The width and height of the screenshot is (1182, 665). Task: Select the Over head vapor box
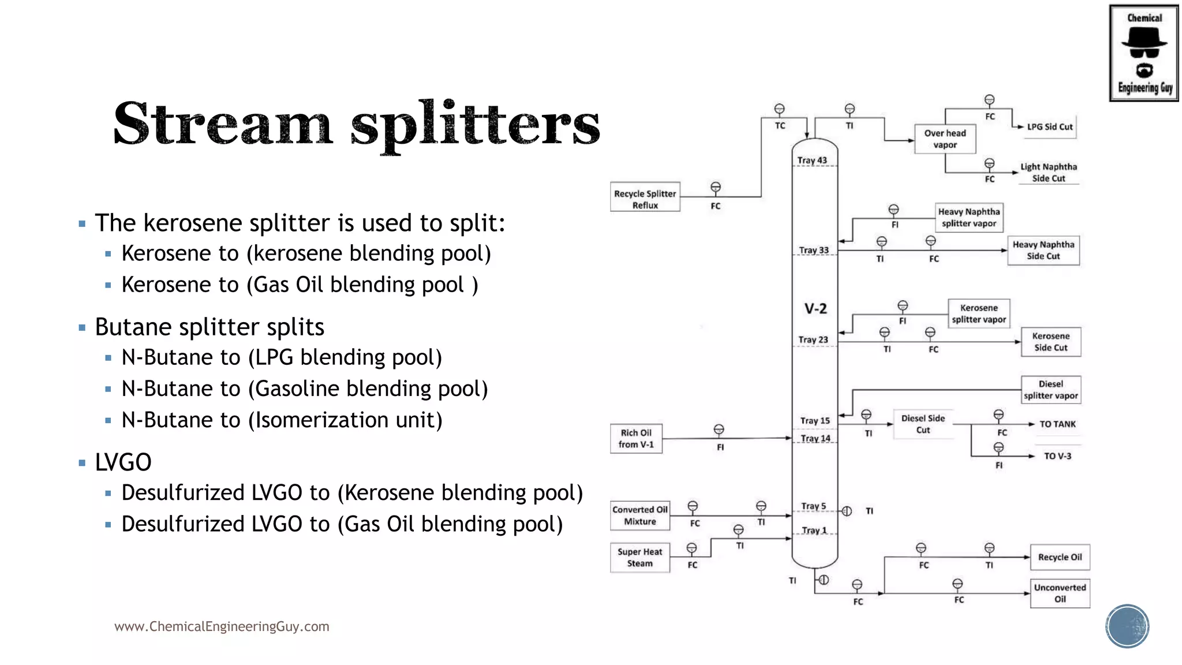coord(945,139)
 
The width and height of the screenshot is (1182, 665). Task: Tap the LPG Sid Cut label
coord(1049,127)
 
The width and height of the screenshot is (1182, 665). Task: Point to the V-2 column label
coord(816,309)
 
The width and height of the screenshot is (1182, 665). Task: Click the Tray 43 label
coord(812,160)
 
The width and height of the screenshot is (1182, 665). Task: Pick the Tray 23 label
coord(813,340)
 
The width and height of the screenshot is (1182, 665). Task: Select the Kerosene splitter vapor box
coord(979,313)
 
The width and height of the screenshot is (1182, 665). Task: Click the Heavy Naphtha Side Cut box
coord(1043,251)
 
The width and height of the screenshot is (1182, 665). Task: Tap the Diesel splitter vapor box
coord(1050,390)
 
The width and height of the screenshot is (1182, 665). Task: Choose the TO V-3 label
coord(1057,456)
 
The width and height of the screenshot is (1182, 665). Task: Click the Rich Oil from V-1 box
coord(636,439)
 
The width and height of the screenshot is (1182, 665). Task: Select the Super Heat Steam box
coord(639,558)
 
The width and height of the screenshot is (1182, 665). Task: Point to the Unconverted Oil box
coord(1060,593)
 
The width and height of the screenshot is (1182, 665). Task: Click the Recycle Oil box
coord(1060,558)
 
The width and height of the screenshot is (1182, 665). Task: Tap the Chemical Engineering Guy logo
coord(1144,53)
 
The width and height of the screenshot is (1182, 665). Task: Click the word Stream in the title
coord(223,125)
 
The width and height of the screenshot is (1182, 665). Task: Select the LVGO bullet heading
coord(123,462)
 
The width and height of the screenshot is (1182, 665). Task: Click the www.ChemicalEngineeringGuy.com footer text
coord(222,626)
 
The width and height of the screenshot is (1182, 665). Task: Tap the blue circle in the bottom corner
coord(1127,626)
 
